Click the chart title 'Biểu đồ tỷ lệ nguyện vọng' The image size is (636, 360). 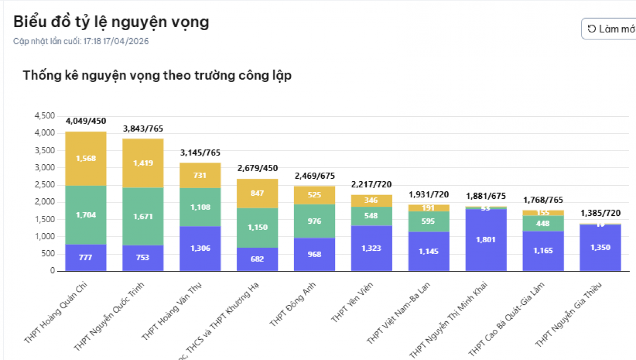point(111,22)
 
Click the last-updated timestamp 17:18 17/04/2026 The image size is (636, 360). point(116,41)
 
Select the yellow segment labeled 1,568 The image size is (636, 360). point(86,159)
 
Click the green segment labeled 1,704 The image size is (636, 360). point(86,215)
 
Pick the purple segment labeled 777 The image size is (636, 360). point(86,258)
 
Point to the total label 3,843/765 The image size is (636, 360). point(143,129)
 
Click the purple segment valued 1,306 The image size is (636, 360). point(200,249)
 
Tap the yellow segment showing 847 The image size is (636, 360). point(257,194)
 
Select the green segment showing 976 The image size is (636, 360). point(314,221)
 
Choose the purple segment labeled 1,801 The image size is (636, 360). point(486,240)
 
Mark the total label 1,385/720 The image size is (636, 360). point(600,214)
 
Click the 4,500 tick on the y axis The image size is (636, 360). point(45,116)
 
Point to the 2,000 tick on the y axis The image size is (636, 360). point(45,202)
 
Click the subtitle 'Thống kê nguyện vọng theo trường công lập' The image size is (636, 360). point(157,75)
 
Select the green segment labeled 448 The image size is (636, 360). point(543,223)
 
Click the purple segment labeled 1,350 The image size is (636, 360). point(600,248)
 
